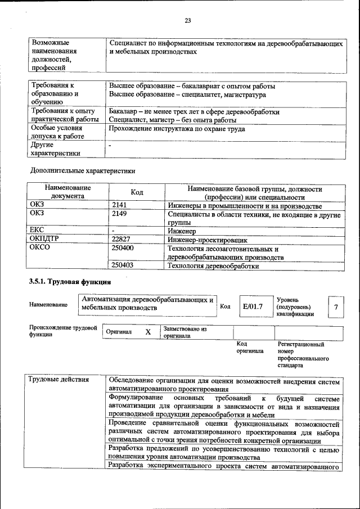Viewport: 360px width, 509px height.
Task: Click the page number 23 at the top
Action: tap(188, 21)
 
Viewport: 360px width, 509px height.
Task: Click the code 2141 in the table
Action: tap(119, 206)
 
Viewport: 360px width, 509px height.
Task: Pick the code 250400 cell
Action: tap(123, 247)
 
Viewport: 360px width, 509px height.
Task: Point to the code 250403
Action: tap(123, 265)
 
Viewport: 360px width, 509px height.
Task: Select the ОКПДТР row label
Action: tap(44, 239)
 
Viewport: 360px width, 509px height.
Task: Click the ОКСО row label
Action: tap(39, 247)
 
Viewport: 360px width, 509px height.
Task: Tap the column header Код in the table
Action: tap(137, 192)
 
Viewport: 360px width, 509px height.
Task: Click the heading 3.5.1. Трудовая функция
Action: tap(70, 281)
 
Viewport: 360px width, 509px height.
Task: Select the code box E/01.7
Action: tap(253, 307)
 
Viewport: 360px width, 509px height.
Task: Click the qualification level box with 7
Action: tap(336, 307)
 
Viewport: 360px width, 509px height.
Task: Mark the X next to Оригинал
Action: tap(148, 332)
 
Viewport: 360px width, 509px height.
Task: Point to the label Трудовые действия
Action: tap(58, 379)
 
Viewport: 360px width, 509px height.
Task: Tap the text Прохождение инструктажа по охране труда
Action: tap(177, 129)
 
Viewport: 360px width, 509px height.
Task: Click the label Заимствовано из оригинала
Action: tap(185, 332)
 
